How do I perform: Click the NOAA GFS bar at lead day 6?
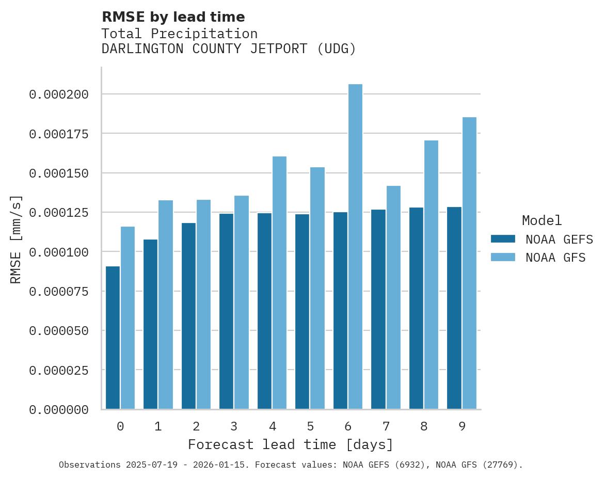pos(355,247)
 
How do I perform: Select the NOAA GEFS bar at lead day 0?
pos(113,338)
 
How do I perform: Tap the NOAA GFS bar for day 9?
pos(469,263)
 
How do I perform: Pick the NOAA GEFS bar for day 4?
pos(264,311)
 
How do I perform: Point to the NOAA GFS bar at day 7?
pos(393,297)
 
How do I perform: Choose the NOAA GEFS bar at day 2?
pos(188,316)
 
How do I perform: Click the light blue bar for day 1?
pos(166,305)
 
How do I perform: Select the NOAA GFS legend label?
pos(555,258)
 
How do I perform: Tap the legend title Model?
pos(542,221)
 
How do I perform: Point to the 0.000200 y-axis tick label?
pos(59,94)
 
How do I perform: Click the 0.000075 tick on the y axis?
pos(59,292)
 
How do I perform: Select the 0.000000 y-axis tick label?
pos(59,410)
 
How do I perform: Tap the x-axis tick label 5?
pos(310,426)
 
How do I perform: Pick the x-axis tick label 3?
pos(234,426)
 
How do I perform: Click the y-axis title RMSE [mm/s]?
pos(16,239)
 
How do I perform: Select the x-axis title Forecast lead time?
pos(290,444)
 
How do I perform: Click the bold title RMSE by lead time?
pos(173,17)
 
